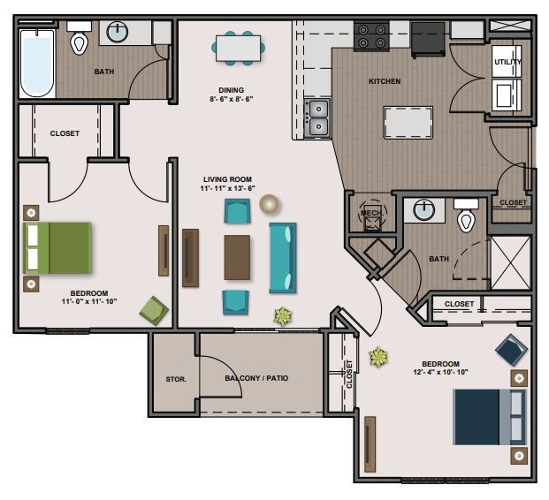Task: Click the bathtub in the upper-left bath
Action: point(37,64)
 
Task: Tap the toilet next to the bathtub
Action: point(80,38)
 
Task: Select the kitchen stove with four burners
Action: point(371,37)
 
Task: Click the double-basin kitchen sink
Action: point(317,117)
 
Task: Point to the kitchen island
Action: point(408,123)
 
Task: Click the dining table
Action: point(238,49)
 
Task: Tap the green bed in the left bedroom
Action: point(57,247)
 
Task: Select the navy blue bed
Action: point(490,417)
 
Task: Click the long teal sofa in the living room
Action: point(283,258)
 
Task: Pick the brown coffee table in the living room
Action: point(237,258)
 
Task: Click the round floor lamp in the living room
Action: point(270,204)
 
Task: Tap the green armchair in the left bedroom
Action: point(154,310)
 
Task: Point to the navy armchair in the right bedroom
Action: point(511,350)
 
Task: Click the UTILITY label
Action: point(507,62)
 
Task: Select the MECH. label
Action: point(372,213)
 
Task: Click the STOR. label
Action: point(176,379)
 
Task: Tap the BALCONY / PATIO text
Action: point(256,378)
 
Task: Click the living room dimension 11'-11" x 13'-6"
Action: point(227,188)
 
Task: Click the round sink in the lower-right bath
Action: point(424,210)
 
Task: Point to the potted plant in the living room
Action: point(283,316)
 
